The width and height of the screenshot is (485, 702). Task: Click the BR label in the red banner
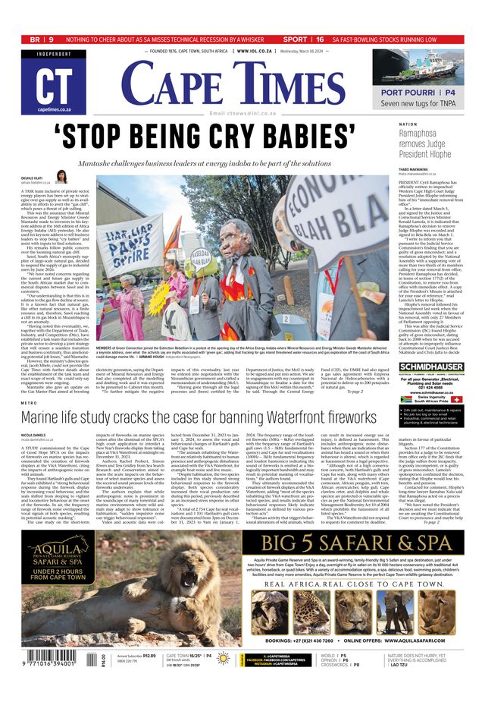[x=35, y=39]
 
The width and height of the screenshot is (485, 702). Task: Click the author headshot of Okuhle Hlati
[x=62, y=176]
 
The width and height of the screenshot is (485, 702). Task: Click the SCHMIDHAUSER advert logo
[x=431, y=367]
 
